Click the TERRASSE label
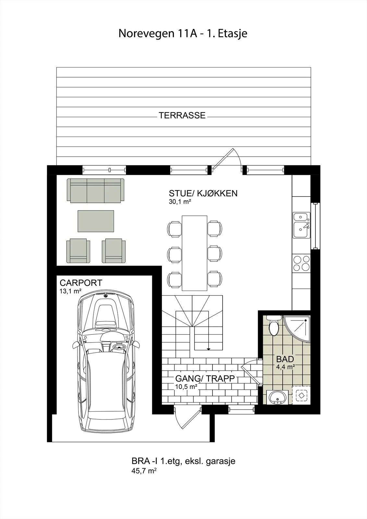[182, 115]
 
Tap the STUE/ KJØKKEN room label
[203, 193]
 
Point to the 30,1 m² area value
[180, 202]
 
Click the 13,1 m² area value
[70, 291]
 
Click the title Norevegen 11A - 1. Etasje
[183, 33]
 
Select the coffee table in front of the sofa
[96, 221]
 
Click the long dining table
[194, 253]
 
